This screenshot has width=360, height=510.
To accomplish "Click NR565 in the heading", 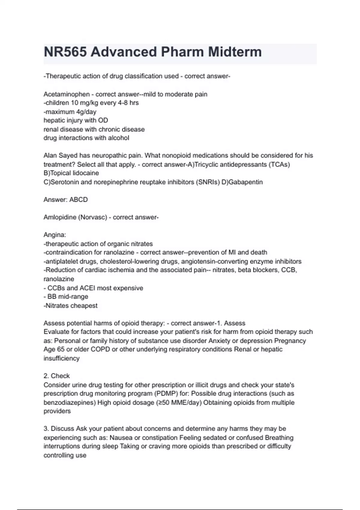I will coord(65,52).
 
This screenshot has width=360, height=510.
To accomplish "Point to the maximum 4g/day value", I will coord(86,112).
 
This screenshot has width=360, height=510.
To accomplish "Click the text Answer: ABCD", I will coord(66,199).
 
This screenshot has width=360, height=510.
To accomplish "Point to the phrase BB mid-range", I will coord(68,297).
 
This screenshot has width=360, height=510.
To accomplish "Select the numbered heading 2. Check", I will coord(56,376).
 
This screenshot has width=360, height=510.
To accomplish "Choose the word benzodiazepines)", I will coord(70,403).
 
